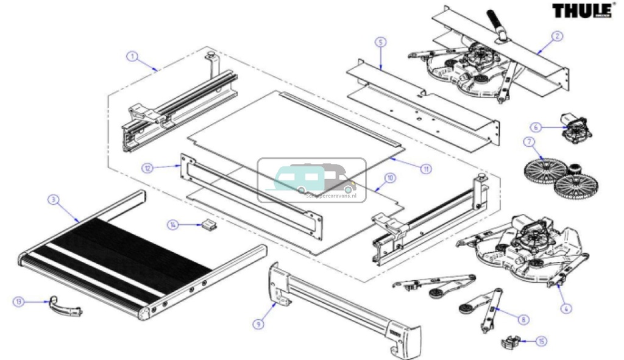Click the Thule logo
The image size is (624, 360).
pyautogui.click(x=582, y=10)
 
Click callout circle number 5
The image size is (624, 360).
pyautogui.click(x=380, y=43)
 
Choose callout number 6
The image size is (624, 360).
pyautogui.click(x=535, y=127)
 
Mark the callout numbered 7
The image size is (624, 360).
pyautogui.click(x=528, y=142)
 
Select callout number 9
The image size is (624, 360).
pyautogui.click(x=258, y=324)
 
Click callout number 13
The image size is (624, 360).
pyautogui.click(x=19, y=302)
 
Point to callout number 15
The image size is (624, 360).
pyautogui.click(x=541, y=341)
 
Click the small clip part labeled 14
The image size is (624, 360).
pyautogui.click(x=209, y=225)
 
